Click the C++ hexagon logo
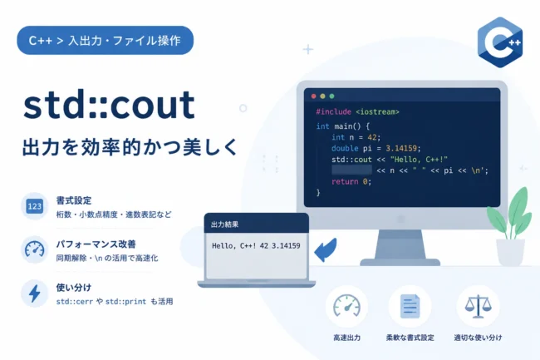[x=500, y=42]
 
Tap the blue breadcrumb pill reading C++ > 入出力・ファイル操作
[x=105, y=40]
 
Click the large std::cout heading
[x=109, y=105]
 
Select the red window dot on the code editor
[x=313, y=96]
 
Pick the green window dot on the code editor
[x=331, y=96]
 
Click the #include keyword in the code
[x=334, y=111]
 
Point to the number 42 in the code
[x=372, y=137]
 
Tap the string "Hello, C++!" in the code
[x=419, y=160]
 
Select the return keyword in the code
[x=345, y=181]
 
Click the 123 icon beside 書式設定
[x=34, y=206]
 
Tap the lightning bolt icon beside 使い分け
[x=34, y=293]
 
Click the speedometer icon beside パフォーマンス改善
[x=34, y=249]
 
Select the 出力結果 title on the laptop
[x=224, y=224]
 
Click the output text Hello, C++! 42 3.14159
[x=256, y=245]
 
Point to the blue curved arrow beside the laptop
[x=326, y=249]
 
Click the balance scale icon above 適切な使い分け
[x=478, y=306]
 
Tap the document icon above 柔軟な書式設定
[x=410, y=306]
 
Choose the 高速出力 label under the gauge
[x=346, y=338]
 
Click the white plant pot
[x=510, y=252]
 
